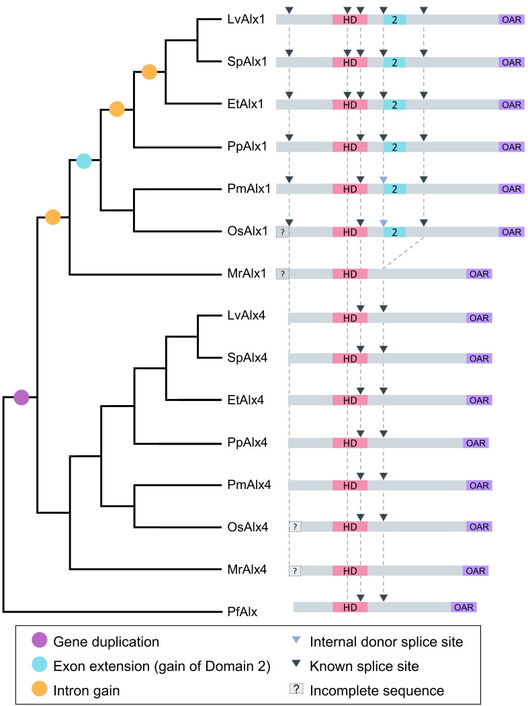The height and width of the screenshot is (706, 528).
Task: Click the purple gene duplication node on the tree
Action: point(21,398)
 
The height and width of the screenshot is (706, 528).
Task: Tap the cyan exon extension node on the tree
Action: point(84,161)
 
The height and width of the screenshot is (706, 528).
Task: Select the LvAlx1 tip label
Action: point(247,19)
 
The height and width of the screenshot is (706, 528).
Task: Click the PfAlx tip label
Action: point(243,611)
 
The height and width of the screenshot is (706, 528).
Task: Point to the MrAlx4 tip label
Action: point(247,570)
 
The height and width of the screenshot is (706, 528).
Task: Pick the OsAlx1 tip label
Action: point(247,231)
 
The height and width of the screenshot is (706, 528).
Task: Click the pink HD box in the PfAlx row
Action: point(350,607)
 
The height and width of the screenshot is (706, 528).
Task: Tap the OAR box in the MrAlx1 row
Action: point(479,274)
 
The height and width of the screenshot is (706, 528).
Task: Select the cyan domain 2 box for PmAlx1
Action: point(394,189)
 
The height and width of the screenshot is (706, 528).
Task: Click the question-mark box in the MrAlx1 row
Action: point(283,274)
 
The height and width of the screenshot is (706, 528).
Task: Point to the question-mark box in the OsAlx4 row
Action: point(295,527)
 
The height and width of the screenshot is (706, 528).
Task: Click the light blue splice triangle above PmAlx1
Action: point(384,179)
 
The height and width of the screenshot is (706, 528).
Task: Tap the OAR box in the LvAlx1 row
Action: point(511,19)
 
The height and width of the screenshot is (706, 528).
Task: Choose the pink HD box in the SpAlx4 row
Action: point(350,359)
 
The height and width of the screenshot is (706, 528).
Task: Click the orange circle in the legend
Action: point(40,689)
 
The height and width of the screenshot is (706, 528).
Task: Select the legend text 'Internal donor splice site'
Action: point(386,642)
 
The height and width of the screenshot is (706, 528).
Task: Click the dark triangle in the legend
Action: point(296,663)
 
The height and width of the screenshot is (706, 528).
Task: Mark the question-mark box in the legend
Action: point(296,689)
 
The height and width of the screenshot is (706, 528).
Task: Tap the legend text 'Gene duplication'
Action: point(106,642)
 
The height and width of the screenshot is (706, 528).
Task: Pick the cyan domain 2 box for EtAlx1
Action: point(394,105)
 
